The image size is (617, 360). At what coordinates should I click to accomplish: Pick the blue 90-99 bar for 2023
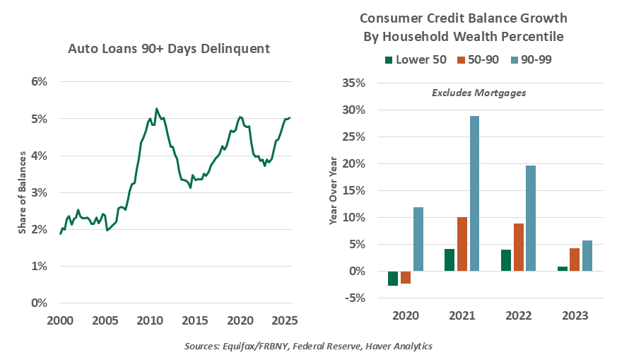coord(587,255)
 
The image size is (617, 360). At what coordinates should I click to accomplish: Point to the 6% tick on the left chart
coord(38,81)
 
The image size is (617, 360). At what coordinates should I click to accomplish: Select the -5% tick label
coord(355,298)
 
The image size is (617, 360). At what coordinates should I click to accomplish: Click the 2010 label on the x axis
coord(149,320)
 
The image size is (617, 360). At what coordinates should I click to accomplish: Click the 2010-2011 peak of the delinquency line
coord(156,109)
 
